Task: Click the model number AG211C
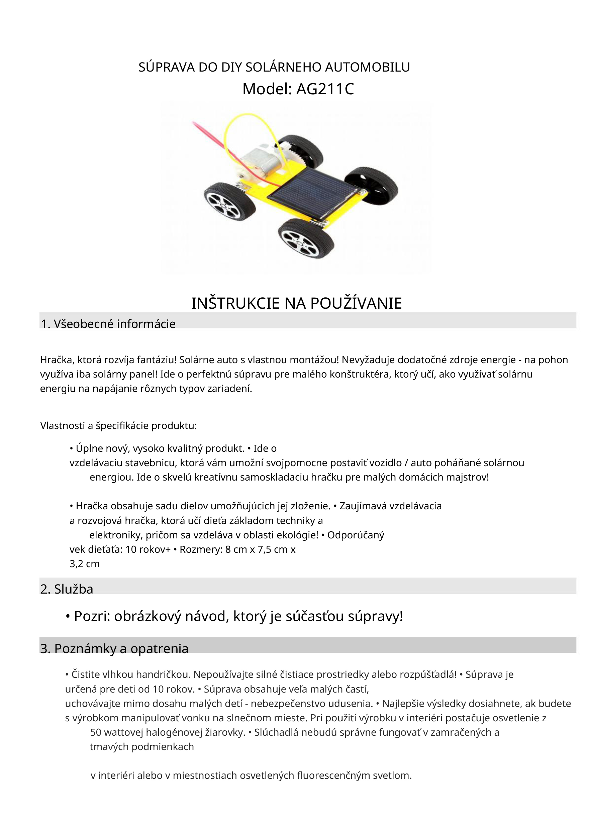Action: pos(325,89)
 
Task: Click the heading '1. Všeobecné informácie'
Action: pos(108,324)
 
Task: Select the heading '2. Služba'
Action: pos(67,589)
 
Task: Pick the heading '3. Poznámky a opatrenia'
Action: pos(114,648)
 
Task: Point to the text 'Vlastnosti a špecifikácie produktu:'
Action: pos(118,425)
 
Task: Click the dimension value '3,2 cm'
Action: pos(84,564)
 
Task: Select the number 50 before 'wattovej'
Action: pos(96,732)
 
